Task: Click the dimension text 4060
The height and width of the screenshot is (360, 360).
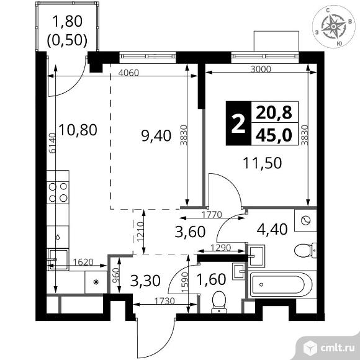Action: [128, 72]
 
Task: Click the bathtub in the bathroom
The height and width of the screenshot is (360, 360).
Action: [278, 287]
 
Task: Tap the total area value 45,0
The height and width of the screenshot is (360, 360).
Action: [274, 135]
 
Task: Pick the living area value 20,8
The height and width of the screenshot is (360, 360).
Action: [274, 113]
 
